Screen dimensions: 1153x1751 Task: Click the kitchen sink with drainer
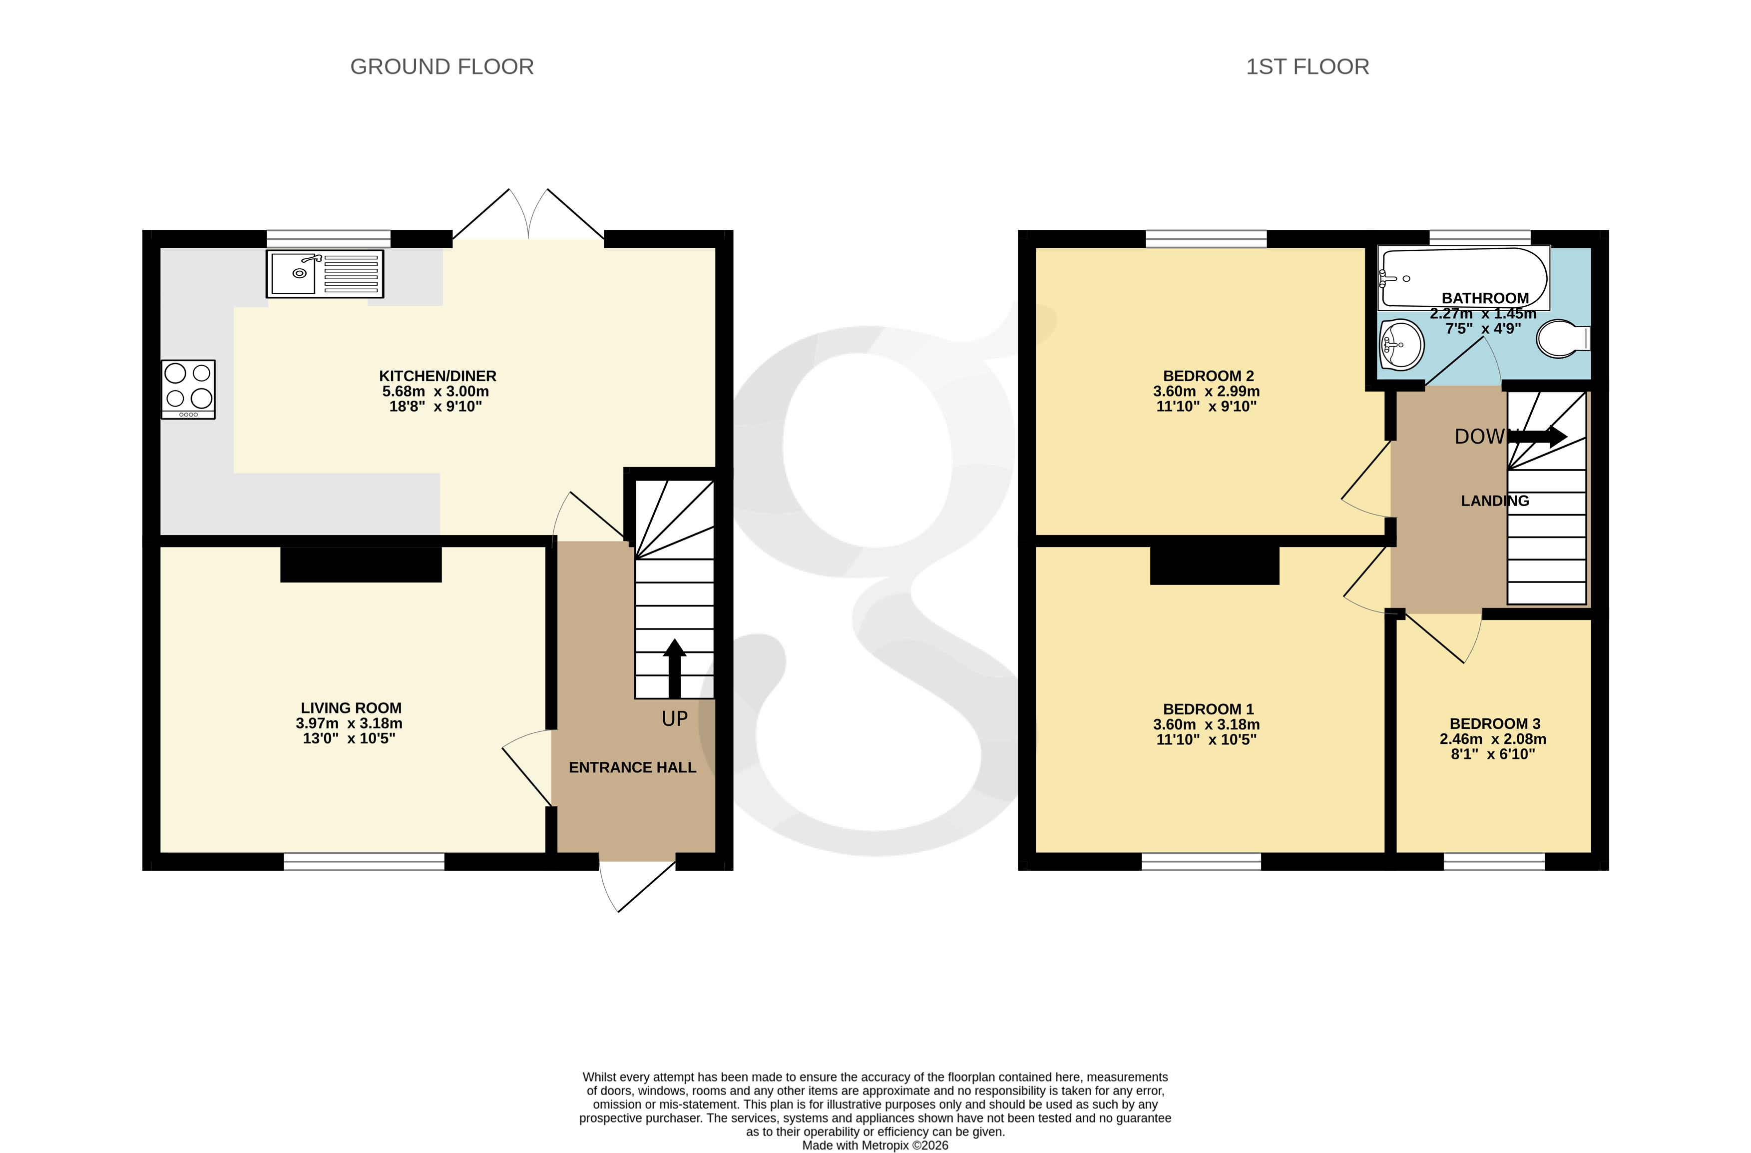[325, 274]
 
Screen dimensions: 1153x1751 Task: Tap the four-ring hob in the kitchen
[188, 389]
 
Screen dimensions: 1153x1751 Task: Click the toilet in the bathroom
[1563, 339]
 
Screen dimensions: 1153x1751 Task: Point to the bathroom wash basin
[1401, 344]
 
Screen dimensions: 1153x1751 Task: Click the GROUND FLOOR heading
[441, 67]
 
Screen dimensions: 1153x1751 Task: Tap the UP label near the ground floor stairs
[675, 719]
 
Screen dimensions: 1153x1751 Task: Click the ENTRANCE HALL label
[632, 767]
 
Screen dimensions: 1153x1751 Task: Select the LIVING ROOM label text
[351, 708]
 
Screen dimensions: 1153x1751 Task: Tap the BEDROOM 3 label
[1494, 723]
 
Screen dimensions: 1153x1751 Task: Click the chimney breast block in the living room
[361, 565]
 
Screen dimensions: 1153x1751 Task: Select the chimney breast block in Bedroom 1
[1214, 566]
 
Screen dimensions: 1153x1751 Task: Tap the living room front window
[364, 862]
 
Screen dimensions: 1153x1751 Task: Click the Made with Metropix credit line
[875, 1145]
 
